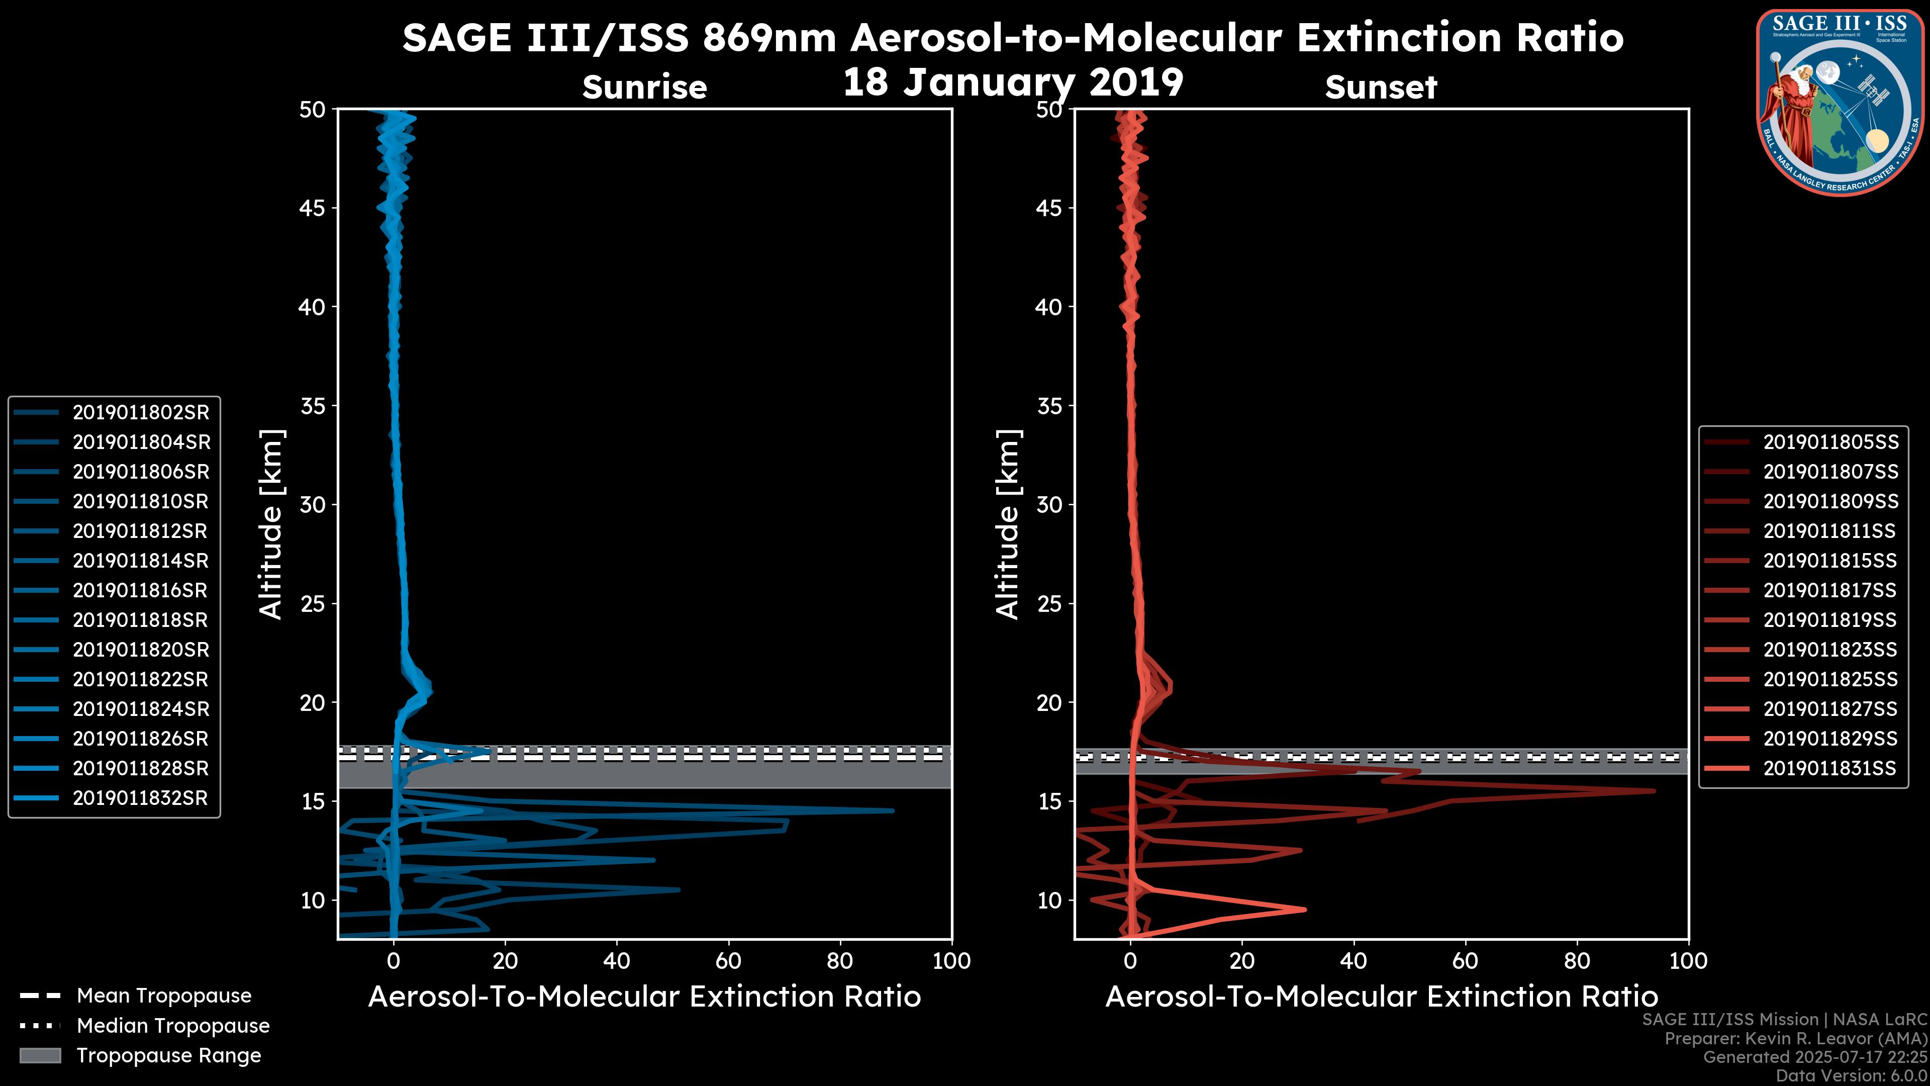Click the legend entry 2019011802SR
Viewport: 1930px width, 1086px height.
[141, 412]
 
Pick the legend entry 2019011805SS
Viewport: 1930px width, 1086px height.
[1830, 442]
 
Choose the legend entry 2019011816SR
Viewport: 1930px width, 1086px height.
[140, 591]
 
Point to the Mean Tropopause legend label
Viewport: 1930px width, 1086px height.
[164, 995]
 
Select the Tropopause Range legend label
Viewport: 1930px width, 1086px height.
[168, 1055]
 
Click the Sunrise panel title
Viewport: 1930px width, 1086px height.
[644, 87]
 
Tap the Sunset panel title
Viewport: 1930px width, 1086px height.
[1381, 87]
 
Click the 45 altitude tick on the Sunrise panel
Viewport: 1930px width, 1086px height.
[313, 208]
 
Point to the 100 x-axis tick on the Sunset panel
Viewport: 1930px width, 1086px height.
[1688, 961]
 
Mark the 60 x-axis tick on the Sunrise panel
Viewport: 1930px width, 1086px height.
[728, 961]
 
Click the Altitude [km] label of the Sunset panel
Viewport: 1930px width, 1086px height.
[1008, 524]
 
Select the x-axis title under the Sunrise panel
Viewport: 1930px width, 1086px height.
[644, 997]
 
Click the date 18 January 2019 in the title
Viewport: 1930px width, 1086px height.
[1013, 82]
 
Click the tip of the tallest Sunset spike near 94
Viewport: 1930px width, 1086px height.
[1654, 791]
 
